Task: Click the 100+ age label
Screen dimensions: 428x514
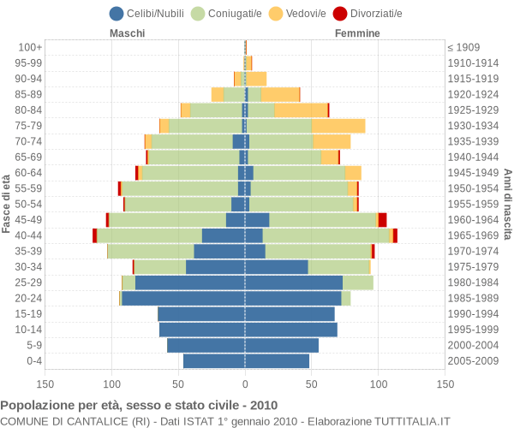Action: point(31,47)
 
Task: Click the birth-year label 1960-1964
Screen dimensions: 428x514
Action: point(473,220)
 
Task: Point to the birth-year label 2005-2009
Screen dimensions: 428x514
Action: point(473,361)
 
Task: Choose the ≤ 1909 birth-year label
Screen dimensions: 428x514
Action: point(463,47)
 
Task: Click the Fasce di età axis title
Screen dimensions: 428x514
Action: point(7,203)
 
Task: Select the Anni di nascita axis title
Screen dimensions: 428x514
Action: point(506,203)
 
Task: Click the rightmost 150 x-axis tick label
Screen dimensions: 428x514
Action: point(445,385)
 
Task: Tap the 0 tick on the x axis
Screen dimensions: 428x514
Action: point(245,385)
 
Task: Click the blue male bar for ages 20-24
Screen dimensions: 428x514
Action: point(183,298)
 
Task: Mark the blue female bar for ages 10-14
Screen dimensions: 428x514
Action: point(291,330)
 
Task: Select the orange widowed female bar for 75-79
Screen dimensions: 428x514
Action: point(338,126)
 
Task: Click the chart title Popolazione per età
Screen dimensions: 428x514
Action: point(139,405)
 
